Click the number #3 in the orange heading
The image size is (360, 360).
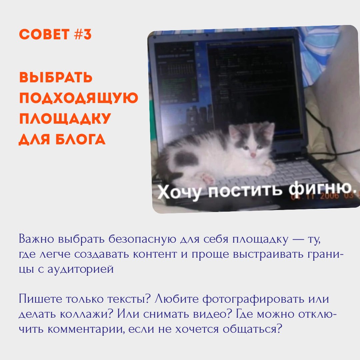[x=83, y=35]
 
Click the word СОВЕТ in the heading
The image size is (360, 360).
[x=44, y=35]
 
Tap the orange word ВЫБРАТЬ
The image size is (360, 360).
[x=56, y=77]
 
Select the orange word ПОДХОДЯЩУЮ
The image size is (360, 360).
[x=79, y=98]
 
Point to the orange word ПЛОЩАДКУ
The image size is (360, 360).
[x=65, y=119]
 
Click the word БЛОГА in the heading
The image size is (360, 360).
[x=80, y=139]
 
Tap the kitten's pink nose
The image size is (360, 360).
[x=253, y=155]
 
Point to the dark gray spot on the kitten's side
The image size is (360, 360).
[x=186, y=158]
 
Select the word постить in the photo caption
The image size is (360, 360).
[x=245, y=190]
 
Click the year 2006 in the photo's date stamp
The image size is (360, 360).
[x=329, y=196]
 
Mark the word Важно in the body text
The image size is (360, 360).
[x=37, y=239]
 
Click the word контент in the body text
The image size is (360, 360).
[x=155, y=254]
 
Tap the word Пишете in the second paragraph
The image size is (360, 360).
[x=40, y=299]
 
